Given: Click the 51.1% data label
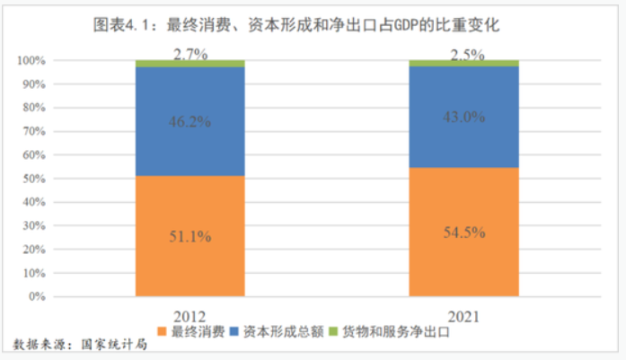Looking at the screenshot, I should pyautogui.click(x=190, y=237).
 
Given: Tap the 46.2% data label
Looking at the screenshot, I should pyautogui.click(x=190, y=121).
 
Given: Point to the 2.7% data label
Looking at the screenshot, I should pyautogui.click(x=190, y=54).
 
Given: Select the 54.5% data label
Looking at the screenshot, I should pyautogui.click(x=463, y=233).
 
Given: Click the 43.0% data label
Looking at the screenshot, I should pyautogui.click(x=463, y=117).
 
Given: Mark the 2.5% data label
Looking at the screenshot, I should pyautogui.click(x=463, y=54).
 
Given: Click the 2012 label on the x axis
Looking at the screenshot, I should pyautogui.click(x=190, y=316).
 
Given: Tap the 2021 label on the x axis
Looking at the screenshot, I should pyautogui.click(x=463, y=316).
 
